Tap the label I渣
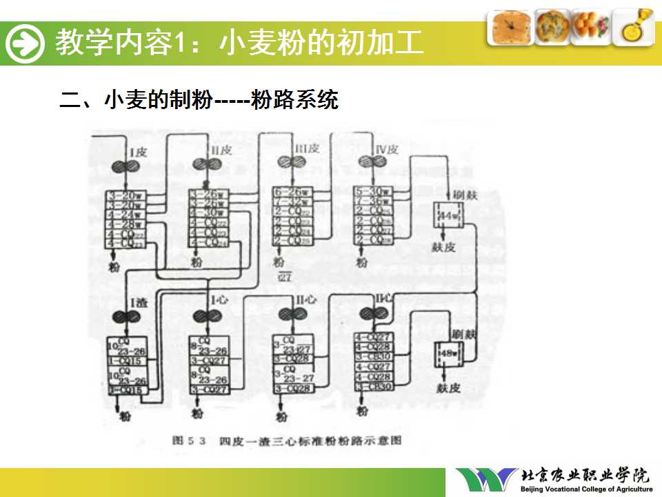click(137, 301)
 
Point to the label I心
click(219, 300)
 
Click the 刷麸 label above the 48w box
click(465, 334)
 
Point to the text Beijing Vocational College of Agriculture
click(586, 489)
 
